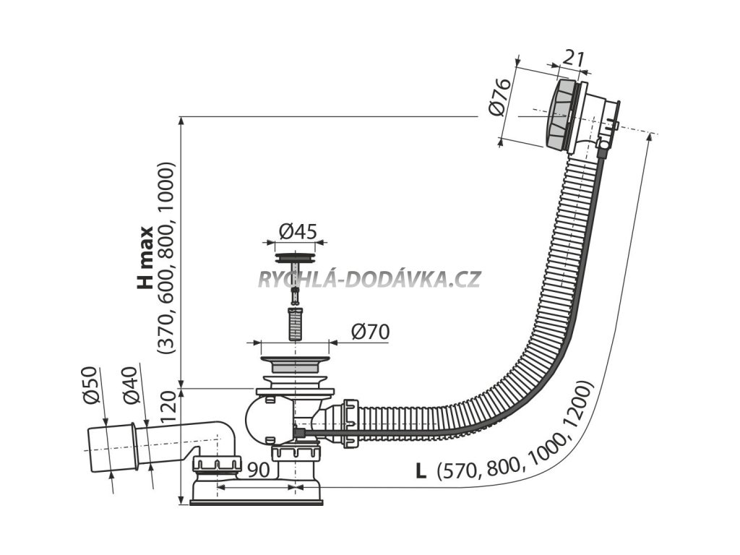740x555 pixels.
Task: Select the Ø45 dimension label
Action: pos(296,231)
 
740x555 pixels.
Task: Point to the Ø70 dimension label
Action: pos(370,332)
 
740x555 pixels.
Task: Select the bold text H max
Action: pos(145,258)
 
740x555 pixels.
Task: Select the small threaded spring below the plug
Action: pos(295,324)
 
